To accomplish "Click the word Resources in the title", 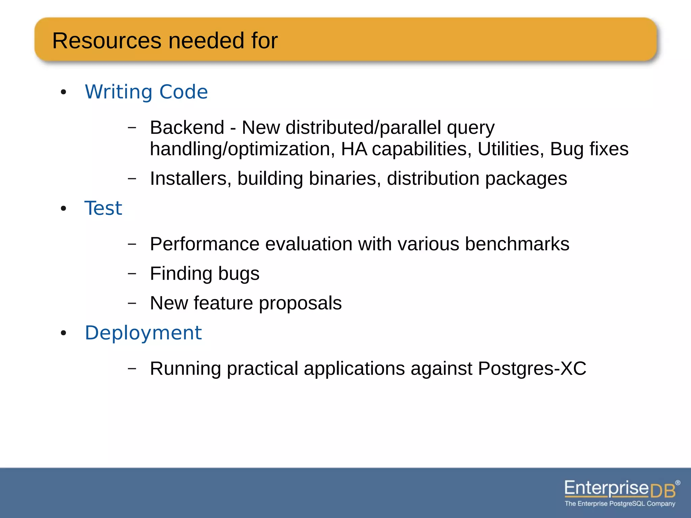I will [x=107, y=41].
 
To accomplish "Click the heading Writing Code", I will [x=146, y=92].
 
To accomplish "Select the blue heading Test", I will [x=103, y=208].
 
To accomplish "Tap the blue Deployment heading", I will [x=143, y=333].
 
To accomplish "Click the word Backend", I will [x=187, y=127].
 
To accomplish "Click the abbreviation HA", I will [x=354, y=149].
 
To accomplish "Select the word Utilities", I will [x=508, y=149].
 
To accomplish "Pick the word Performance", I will [x=204, y=244].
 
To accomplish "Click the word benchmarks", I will [x=517, y=244].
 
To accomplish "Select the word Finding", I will [x=181, y=274].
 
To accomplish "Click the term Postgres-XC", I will [x=532, y=368].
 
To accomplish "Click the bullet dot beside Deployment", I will [x=63, y=334].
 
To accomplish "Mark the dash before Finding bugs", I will [x=132, y=273].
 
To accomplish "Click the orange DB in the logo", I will [x=663, y=491].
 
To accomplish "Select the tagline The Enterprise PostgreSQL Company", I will [x=620, y=504].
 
